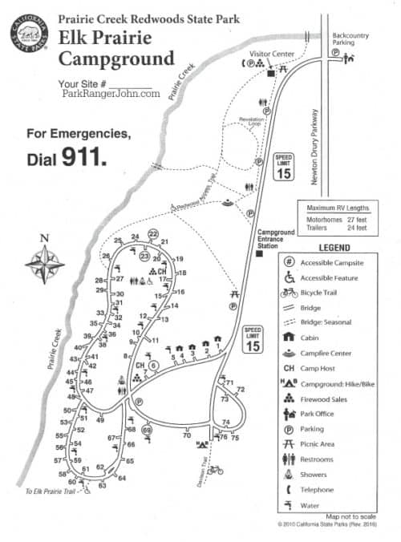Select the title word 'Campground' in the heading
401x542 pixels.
[115, 59]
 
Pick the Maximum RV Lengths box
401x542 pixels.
[338, 217]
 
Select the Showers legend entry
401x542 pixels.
[312, 475]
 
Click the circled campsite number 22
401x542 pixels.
[153, 233]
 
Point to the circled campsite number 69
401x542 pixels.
[147, 430]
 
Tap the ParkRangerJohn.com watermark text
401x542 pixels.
[111, 93]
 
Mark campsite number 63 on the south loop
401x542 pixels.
[102, 485]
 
